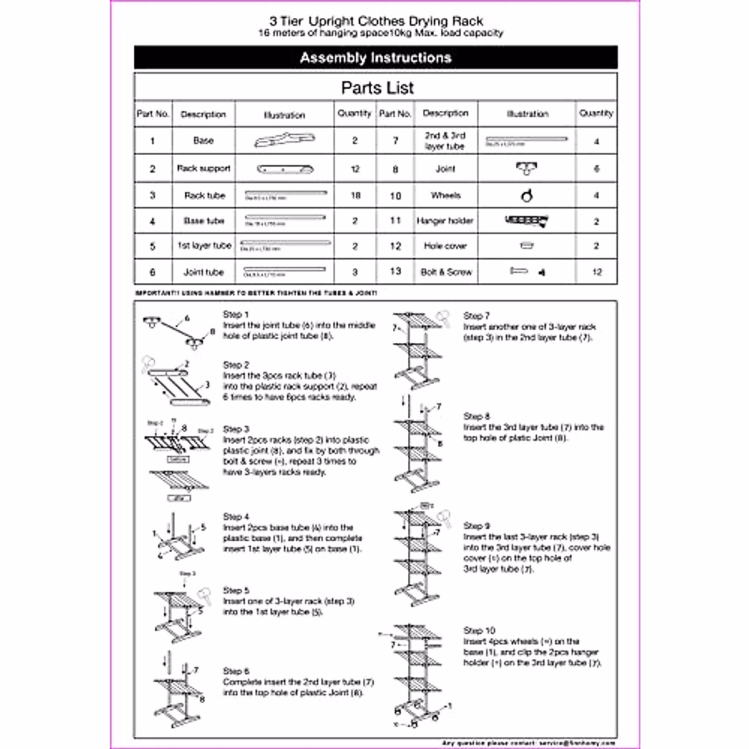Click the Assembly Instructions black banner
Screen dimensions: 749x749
coord(376,57)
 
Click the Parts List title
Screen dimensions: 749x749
coord(377,88)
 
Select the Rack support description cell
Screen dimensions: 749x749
coord(203,169)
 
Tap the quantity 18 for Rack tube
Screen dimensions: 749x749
coord(355,195)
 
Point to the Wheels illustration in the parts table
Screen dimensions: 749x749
coord(527,196)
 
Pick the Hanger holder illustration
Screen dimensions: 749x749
coord(527,220)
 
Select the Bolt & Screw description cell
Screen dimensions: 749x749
coord(446,272)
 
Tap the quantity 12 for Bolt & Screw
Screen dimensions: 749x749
coord(597,272)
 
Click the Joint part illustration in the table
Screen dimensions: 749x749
coord(527,168)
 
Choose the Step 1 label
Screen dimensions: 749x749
coord(236,315)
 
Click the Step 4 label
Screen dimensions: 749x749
coord(236,517)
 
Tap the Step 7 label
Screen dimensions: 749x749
coord(476,316)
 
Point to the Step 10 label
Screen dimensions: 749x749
coord(479,630)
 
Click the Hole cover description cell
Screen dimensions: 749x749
coord(446,246)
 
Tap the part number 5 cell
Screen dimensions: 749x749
coord(153,246)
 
